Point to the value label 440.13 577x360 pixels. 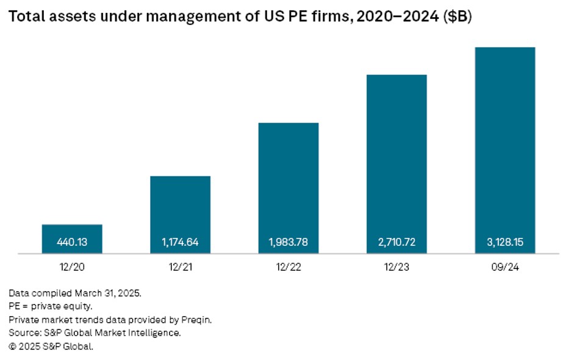click(72, 242)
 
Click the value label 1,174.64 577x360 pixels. click(180, 242)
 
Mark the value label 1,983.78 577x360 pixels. click(288, 242)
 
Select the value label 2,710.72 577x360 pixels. click(396, 242)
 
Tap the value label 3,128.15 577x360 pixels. click(504, 242)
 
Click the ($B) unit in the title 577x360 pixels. click(457, 17)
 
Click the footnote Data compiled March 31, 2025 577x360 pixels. click(75, 293)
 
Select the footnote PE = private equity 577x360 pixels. click(50, 306)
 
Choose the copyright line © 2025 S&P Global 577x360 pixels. click(51, 347)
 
